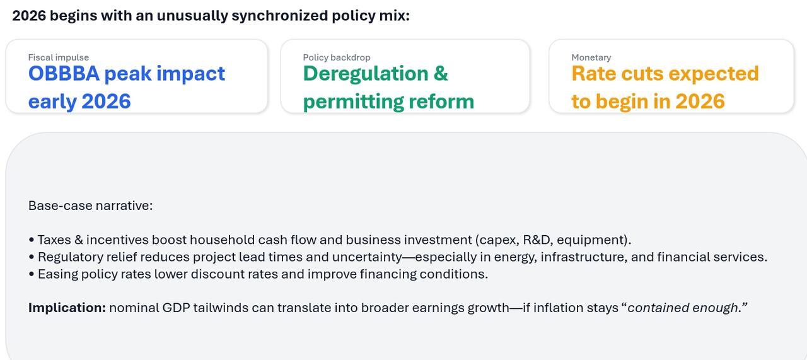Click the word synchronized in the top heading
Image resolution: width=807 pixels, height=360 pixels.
point(279,16)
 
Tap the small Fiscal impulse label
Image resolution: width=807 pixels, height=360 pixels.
point(59,57)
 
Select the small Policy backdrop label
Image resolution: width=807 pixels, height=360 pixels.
point(337,57)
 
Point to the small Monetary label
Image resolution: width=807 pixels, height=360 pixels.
point(591,57)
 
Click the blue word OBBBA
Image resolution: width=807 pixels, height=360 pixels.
point(64,74)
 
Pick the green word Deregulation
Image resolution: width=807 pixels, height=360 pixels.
point(366,74)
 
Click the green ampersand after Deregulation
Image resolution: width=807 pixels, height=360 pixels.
point(441,74)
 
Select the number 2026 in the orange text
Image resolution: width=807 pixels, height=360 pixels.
point(700,102)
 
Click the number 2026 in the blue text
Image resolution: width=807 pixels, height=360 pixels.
point(106,102)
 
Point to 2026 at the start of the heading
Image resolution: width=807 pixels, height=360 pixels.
point(29,16)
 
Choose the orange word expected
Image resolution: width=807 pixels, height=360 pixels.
point(714,74)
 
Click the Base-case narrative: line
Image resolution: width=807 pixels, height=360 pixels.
point(90,206)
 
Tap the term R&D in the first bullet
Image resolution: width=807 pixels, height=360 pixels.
point(538,240)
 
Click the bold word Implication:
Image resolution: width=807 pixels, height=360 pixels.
point(67,308)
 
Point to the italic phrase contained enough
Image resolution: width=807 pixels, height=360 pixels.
point(683,308)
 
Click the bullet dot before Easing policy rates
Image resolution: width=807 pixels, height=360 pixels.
point(32,274)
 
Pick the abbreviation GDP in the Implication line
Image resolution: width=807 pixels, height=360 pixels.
point(175,308)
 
